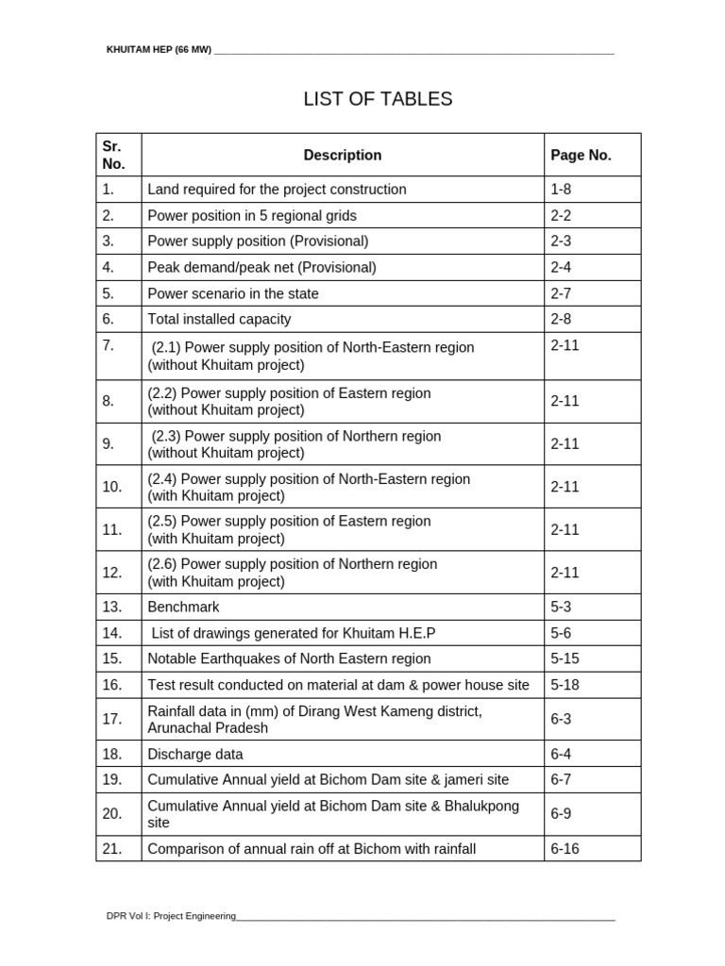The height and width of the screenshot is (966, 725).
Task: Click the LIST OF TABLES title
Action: tap(378, 99)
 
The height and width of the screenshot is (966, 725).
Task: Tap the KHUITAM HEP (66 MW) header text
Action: tap(159, 49)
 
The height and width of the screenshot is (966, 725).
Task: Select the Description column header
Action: tap(342, 155)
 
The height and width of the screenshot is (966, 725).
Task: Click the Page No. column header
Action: tap(581, 155)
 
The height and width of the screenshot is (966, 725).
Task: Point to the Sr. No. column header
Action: tap(113, 155)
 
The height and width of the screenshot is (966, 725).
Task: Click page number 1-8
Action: tap(561, 190)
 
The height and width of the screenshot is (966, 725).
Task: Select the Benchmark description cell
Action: tap(183, 607)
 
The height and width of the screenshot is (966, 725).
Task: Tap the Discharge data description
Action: tap(194, 754)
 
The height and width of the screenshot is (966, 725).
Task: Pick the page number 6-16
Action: tap(565, 848)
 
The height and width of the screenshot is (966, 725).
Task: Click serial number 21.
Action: tap(112, 848)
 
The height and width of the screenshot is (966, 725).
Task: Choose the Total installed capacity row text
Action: tap(219, 319)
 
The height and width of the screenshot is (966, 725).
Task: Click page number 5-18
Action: tap(565, 685)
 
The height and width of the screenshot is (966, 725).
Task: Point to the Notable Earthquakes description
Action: tap(289, 658)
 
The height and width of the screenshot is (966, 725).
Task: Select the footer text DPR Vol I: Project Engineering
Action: tap(171, 916)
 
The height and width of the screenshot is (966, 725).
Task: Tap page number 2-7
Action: tap(561, 293)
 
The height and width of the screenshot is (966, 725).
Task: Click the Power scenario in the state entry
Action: tap(232, 293)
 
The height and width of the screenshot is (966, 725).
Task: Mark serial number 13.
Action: tap(112, 607)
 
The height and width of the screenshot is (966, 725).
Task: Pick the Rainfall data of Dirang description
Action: tap(314, 719)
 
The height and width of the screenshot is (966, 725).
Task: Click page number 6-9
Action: tap(561, 813)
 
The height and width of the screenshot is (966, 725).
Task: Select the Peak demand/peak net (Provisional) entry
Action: tap(261, 267)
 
